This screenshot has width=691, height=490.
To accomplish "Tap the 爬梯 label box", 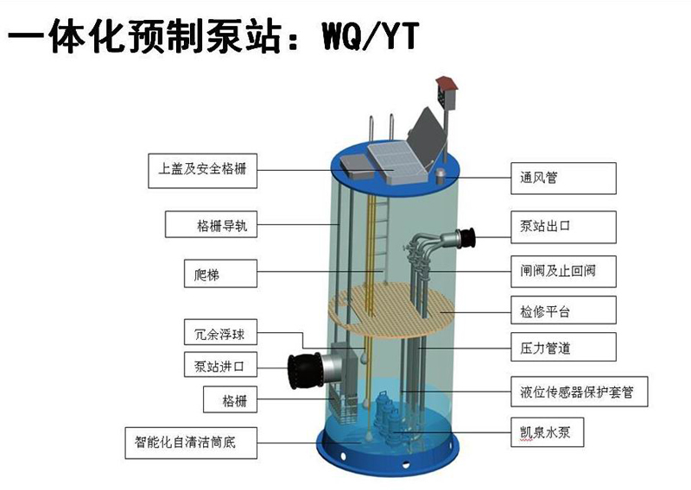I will click(220, 275).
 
